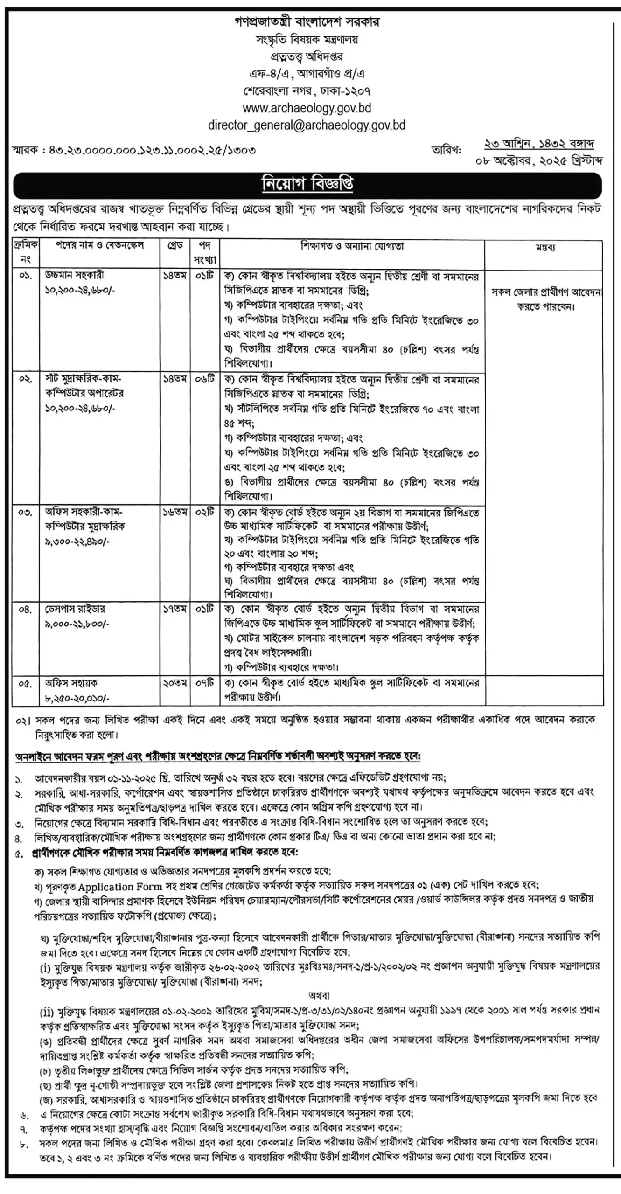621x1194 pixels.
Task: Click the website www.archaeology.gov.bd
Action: pos(307,108)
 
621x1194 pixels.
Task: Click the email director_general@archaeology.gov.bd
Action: pos(307,125)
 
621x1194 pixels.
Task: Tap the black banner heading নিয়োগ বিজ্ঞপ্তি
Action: pos(307,185)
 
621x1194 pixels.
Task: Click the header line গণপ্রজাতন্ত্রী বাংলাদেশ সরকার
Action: pos(307,22)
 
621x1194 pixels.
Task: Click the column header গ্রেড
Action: pos(174,245)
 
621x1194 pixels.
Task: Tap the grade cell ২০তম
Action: pos(175,683)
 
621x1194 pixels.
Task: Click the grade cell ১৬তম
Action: pos(175,512)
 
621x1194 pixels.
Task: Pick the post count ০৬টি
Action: pos(205,379)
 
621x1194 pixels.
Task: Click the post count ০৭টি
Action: pos(205,683)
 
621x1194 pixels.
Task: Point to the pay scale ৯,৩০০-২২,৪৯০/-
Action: pos(78,542)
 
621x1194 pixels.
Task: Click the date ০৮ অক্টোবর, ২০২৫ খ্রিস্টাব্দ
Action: pos(538,161)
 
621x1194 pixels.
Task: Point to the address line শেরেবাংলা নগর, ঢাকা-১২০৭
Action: pos(307,90)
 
